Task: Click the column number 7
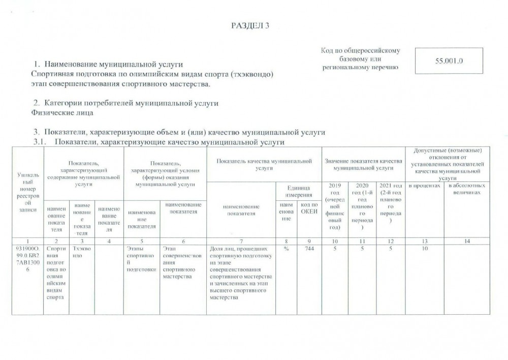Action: coord(241,241)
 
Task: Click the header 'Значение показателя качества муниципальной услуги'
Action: coord(364,164)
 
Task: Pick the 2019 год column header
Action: coord(335,206)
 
